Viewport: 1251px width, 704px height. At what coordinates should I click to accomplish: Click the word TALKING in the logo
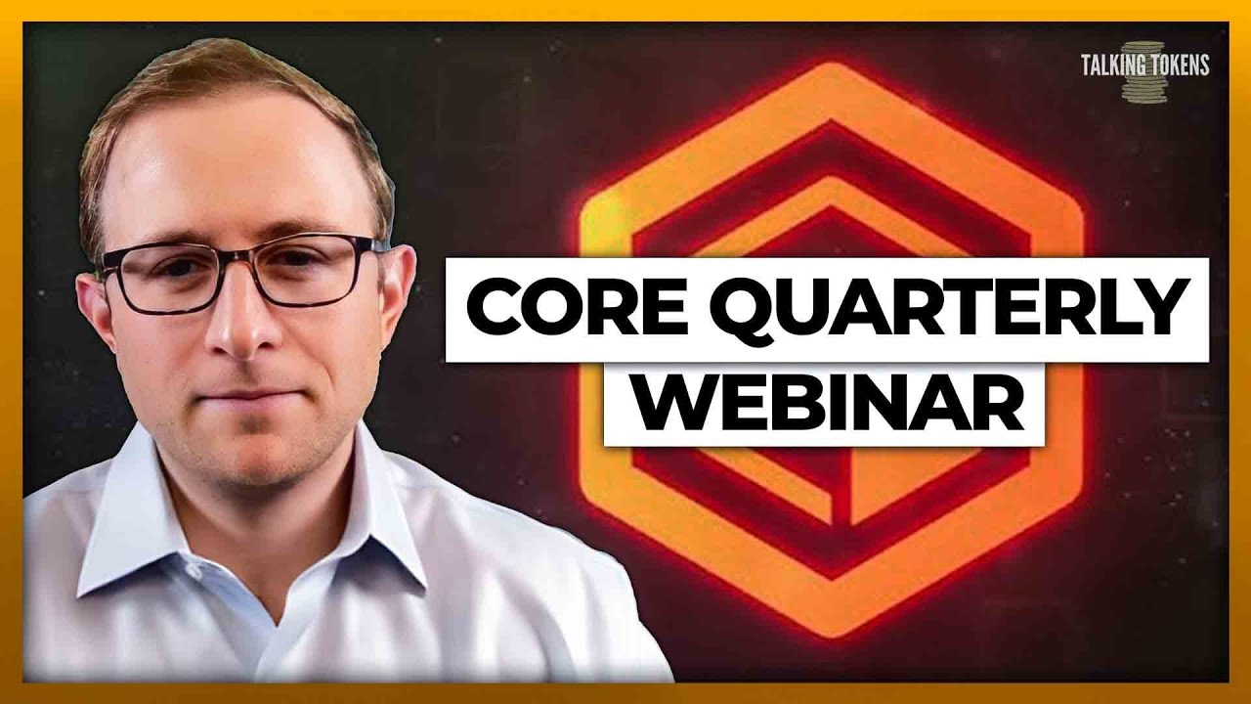(x=1112, y=66)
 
